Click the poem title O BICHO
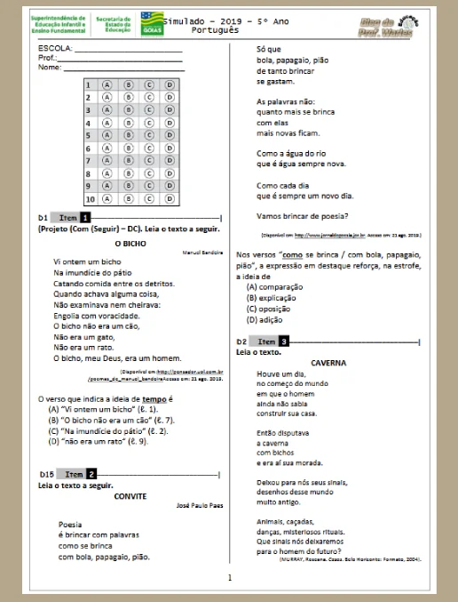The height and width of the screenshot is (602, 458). pos(130,243)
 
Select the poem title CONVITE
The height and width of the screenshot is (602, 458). pos(130,495)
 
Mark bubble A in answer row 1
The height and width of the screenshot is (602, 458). pos(107,84)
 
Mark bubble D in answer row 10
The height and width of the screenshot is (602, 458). pos(169,199)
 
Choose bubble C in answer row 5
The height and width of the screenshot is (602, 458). pos(148,135)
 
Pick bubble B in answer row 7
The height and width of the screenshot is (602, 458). pos(128,161)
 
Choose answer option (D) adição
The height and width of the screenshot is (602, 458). pos(266,319)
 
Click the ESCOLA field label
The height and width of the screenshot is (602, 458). pos(55,47)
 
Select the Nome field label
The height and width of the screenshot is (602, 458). pos(50,67)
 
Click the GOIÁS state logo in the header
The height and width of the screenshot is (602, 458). pos(152,23)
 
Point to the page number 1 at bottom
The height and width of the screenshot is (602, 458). pos(229,579)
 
